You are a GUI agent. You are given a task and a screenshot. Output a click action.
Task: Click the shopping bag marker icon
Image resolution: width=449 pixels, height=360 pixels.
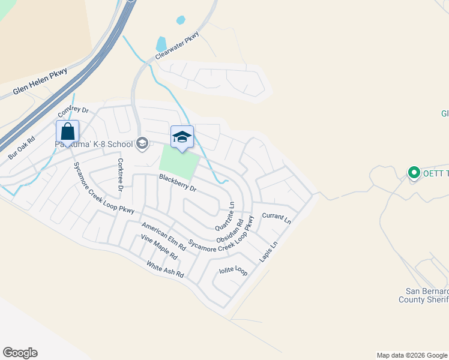[68, 131]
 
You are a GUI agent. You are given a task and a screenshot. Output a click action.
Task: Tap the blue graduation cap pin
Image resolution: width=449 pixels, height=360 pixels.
[182, 137]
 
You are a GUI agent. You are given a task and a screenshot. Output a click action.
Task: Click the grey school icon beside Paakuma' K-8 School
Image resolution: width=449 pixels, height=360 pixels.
[142, 143]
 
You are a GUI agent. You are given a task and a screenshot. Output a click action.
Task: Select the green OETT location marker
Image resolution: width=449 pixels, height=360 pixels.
[414, 173]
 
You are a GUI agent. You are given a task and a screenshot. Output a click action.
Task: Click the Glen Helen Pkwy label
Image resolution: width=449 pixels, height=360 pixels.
[40, 83]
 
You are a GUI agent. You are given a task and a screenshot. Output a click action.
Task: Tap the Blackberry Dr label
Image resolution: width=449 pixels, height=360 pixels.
[178, 183]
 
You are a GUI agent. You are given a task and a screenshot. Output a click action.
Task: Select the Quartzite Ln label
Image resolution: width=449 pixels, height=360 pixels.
[223, 216]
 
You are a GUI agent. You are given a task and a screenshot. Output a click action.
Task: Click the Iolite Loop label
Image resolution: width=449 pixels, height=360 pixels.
[234, 271]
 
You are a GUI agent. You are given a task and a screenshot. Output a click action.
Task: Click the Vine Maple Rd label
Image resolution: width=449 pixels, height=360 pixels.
[159, 247]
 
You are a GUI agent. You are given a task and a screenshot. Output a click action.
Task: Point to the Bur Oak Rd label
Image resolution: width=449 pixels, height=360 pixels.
[22, 147]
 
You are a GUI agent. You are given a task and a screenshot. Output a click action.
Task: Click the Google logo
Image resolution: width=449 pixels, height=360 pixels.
[20, 353]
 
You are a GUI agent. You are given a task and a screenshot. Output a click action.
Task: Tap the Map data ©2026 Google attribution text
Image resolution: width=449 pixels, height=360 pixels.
[411, 355]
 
